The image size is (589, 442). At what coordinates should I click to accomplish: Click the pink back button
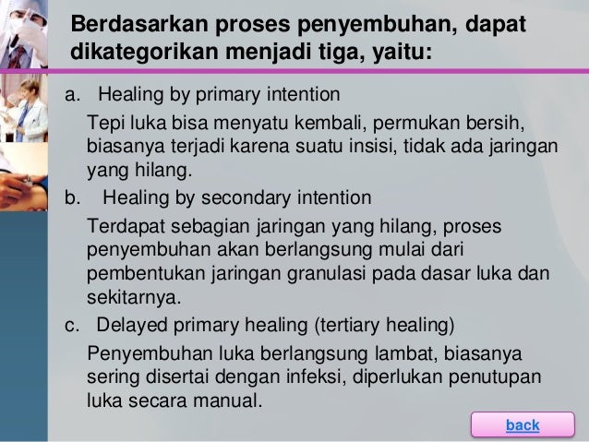[x=523, y=424]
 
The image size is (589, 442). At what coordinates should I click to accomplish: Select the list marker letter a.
[x=69, y=95]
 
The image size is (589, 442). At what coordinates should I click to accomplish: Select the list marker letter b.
[x=69, y=197]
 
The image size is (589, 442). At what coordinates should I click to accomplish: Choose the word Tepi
[x=102, y=123]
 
